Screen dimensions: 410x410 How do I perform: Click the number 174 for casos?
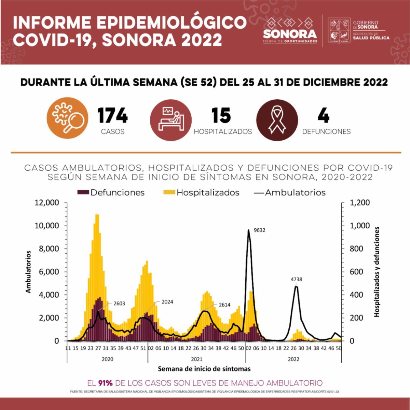click(x=112, y=115)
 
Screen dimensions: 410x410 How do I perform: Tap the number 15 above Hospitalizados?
click(x=221, y=115)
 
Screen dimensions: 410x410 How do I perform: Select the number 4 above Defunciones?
click(x=323, y=115)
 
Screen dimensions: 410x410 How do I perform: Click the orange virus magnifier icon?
click(x=67, y=118)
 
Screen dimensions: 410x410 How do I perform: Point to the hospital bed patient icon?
click(x=170, y=119)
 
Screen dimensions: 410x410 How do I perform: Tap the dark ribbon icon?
click(x=277, y=120)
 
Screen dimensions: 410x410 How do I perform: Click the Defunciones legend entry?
click(x=111, y=193)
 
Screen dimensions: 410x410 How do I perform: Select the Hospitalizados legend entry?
click(x=202, y=193)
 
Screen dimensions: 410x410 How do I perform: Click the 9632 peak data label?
click(x=260, y=230)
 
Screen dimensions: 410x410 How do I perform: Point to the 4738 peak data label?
click(x=296, y=279)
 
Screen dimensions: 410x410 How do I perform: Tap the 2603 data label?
click(x=119, y=303)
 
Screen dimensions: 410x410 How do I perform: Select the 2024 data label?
click(x=167, y=302)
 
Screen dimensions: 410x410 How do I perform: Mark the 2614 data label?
click(x=224, y=305)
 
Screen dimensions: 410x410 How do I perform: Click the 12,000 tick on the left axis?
click(x=47, y=203)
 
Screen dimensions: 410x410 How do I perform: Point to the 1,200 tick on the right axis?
click(x=360, y=203)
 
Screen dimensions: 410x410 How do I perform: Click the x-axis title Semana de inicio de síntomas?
click(x=204, y=369)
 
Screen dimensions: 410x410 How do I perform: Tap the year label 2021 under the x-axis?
click(x=196, y=359)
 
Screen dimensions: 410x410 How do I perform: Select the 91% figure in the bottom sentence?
click(x=105, y=383)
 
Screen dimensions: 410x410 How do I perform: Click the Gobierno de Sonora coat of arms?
click(x=339, y=31)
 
